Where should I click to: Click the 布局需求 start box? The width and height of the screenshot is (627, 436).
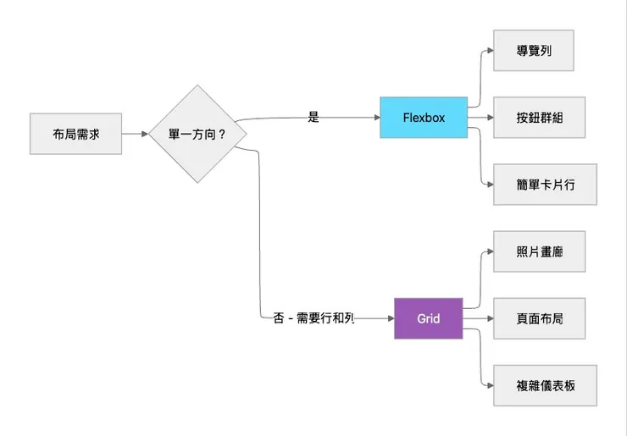[x=75, y=134]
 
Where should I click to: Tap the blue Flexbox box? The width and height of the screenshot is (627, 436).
[x=424, y=118]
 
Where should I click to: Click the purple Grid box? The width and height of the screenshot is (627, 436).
[x=428, y=318]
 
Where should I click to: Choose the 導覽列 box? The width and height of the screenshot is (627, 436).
[x=534, y=51]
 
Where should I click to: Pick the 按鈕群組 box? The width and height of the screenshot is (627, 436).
[x=539, y=118]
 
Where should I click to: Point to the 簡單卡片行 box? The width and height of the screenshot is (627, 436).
[x=545, y=185]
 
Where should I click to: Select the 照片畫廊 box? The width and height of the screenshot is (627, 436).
[x=539, y=251]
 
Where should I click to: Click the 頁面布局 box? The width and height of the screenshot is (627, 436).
[x=539, y=318]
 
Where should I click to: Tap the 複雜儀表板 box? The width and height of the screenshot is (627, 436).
[x=545, y=385]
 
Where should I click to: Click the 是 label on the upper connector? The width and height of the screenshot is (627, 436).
[x=313, y=118]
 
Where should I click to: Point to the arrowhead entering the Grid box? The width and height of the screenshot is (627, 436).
[x=390, y=318]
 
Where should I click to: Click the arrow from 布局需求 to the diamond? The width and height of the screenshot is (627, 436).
[x=136, y=134]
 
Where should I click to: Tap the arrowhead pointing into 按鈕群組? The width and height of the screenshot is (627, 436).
[x=489, y=118]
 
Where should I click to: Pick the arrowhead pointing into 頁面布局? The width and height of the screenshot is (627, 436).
[x=489, y=318]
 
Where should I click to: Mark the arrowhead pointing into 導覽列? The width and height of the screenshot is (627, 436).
[x=489, y=51]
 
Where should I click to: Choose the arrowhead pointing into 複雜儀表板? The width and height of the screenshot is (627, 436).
[x=489, y=385]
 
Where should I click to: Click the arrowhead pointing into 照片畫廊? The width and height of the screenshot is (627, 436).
[x=489, y=251]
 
